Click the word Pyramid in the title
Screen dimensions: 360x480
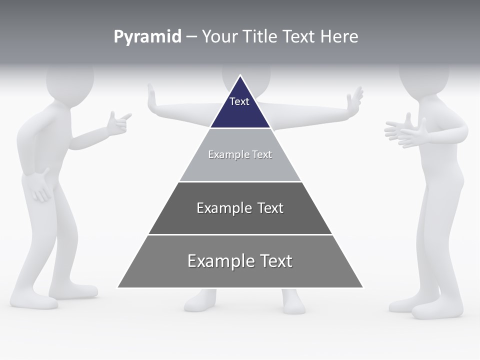(x=147, y=37)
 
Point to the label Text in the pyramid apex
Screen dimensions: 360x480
(x=239, y=101)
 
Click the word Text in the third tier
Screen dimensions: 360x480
(x=270, y=208)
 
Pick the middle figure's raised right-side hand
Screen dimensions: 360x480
(x=356, y=98)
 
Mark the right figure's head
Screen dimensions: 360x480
(x=424, y=80)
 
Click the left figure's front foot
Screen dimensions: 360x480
(x=35, y=300)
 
